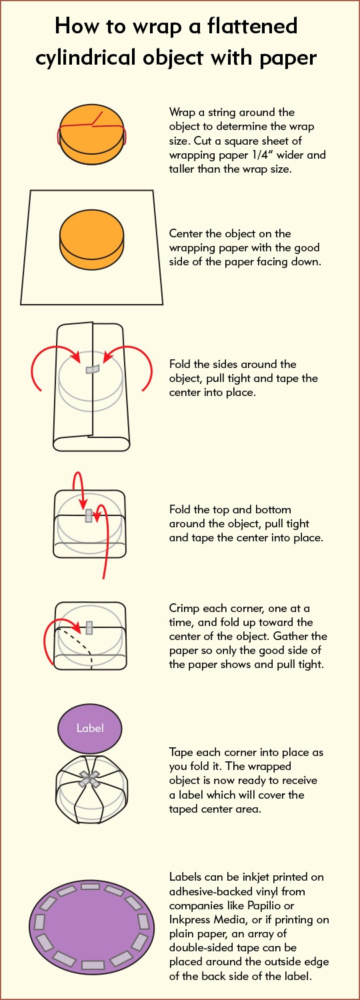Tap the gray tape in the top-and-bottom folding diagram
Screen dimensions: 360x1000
pyautogui.click(x=89, y=515)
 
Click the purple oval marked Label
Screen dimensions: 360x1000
pyautogui.click(x=90, y=728)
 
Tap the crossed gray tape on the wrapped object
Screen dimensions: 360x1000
pyautogui.click(x=89, y=779)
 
